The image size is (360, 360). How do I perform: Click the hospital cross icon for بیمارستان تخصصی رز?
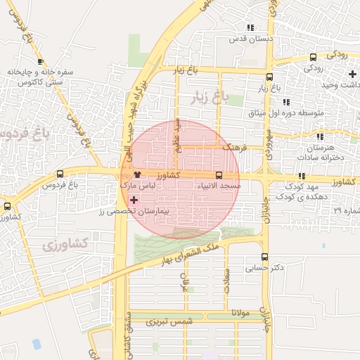tap(134, 200)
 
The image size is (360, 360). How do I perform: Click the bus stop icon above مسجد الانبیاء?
tap(219, 174)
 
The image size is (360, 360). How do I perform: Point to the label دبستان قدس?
tap(250, 38)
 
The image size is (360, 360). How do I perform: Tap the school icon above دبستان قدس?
tap(250, 27)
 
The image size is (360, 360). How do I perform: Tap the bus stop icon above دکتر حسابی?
tap(264, 257)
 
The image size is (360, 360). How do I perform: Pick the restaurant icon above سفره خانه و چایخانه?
tap(40, 62)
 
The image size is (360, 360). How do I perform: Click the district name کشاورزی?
tap(65, 244)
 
